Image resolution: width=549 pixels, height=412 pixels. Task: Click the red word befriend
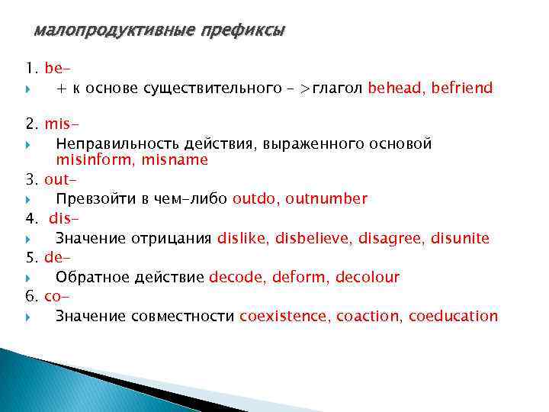point(462,88)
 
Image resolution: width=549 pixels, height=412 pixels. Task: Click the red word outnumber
point(326,199)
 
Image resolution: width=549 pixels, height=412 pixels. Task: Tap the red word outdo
point(255,199)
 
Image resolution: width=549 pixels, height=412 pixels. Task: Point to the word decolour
point(368,277)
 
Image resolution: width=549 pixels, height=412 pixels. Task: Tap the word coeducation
point(453,316)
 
